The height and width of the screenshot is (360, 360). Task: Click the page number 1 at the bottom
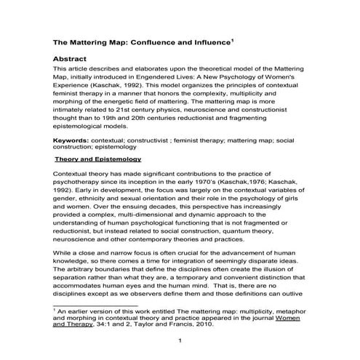point(180,342)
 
